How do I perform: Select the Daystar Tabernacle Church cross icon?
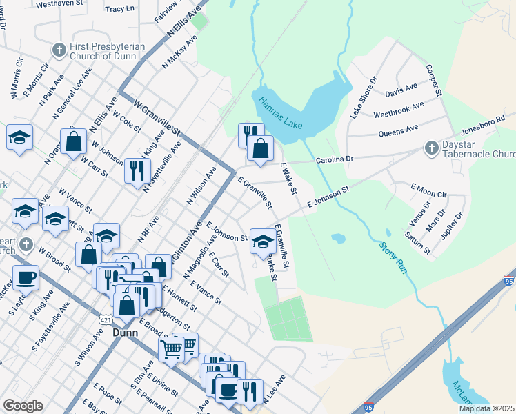click(x=431, y=148)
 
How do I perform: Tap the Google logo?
click(x=23, y=406)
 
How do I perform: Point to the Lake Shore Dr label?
click(x=363, y=98)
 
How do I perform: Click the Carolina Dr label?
click(x=335, y=159)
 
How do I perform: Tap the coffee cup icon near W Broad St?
click(x=26, y=278)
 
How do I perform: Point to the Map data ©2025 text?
click(x=487, y=408)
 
